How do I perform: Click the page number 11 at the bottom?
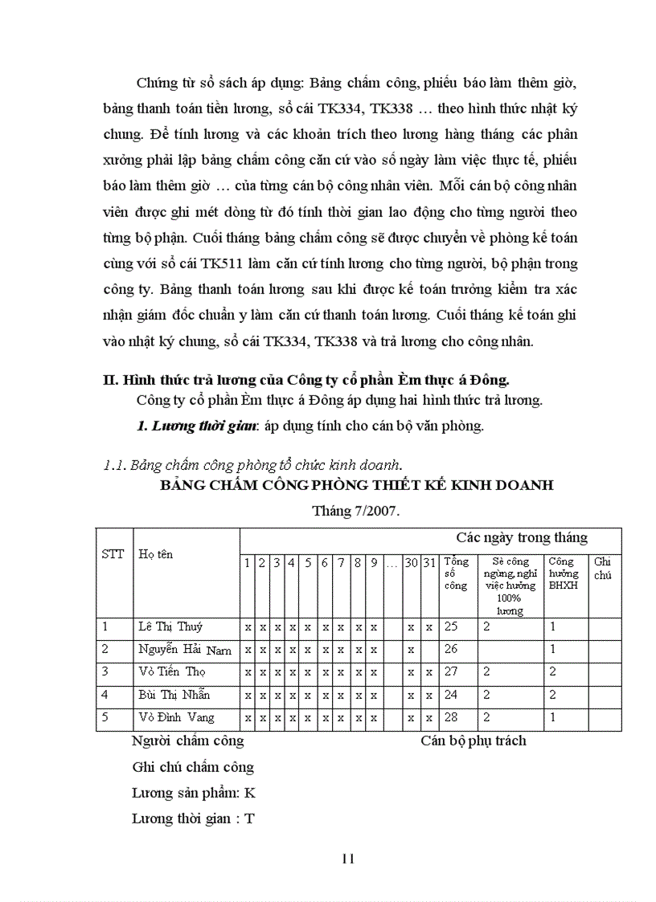click(x=347, y=858)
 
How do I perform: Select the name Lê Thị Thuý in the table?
click(x=169, y=627)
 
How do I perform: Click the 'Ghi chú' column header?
click(x=602, y=568)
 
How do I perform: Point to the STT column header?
click(x=113, y=554)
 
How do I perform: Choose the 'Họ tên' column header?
click(x=155, y=554)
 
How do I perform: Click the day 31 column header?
click(x=429, y=563)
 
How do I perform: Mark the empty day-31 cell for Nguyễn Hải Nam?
click(x=429, y=650)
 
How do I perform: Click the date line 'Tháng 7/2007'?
click(x=356, y=511)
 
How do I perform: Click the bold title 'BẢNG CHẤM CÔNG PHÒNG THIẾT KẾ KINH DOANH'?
click(x=356, y=486)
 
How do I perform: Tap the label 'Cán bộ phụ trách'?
click(x=473, y=741)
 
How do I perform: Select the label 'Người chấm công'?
click(x=187, y=741)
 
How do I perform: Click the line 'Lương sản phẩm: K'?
click(x=193, y=793)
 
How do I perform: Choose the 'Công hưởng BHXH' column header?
click(x=563, y=573)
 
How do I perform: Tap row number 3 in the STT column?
click(x=105, y=671)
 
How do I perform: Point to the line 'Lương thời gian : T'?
click(x=193, y=818)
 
